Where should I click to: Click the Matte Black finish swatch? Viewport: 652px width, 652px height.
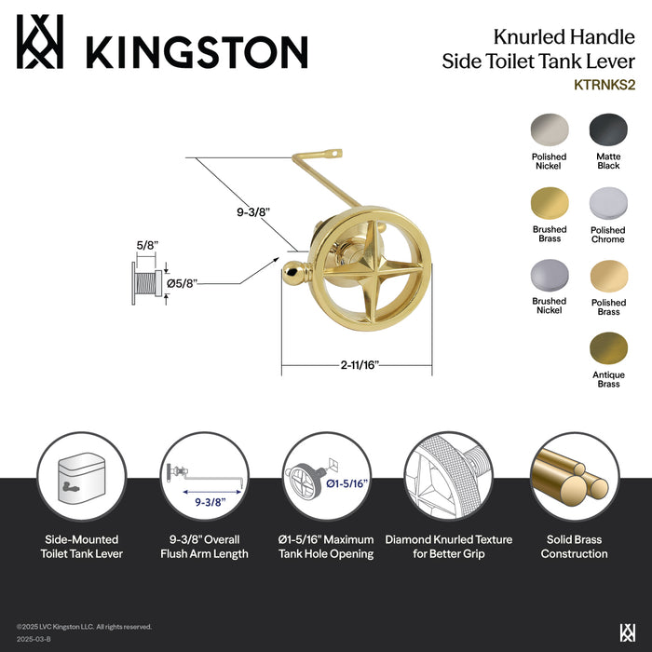608,129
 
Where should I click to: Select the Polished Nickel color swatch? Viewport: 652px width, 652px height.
549,129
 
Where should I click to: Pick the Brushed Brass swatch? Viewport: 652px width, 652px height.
549,202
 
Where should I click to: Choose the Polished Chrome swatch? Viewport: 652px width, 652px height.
608,202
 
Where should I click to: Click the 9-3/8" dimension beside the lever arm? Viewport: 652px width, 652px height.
252,212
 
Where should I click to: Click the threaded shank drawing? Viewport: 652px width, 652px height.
145,281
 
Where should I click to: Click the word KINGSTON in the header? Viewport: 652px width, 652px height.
197,50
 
